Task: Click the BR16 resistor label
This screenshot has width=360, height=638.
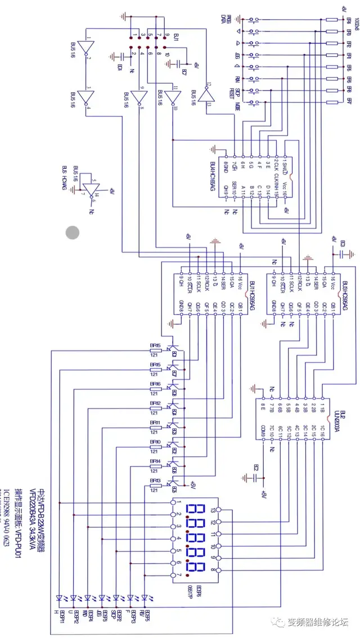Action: pos(155,384)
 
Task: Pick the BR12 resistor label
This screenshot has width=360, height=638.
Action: pos(155,403)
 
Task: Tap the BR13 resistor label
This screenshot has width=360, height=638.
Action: pos(155,480)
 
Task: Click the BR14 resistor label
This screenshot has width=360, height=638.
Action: pos(155,461)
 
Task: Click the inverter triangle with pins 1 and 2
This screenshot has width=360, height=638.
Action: pos(87,46)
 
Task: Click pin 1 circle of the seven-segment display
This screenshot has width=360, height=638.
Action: pos(172,502)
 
